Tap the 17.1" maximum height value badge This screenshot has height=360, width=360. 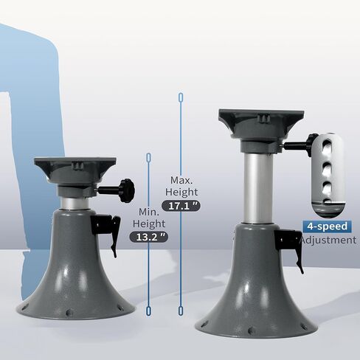181,206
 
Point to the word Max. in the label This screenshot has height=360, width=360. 181,180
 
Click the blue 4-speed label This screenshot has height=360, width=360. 328,226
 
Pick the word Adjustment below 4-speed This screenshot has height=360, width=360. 328,240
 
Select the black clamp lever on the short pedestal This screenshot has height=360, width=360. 108,227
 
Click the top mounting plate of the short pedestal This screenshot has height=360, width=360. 75,164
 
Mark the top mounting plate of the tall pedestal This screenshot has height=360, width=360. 261,118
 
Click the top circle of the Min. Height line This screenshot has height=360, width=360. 149,156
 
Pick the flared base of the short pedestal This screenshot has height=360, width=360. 75,280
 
